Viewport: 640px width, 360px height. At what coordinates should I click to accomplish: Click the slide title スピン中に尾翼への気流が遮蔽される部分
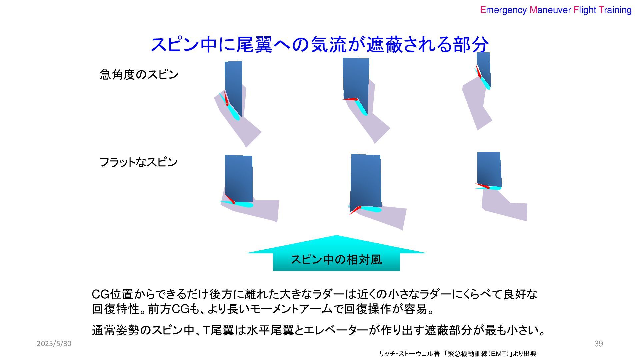320,45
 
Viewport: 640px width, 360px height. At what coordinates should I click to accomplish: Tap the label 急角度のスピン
139,74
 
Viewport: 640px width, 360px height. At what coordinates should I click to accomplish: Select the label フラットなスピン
138,162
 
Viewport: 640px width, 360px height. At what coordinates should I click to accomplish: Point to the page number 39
598,344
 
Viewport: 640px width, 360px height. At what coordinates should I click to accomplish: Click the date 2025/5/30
54,344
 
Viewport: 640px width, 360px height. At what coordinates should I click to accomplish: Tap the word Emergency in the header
503,10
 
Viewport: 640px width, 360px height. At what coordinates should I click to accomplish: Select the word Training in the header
615,10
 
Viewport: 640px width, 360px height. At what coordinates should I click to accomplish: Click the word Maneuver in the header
550,10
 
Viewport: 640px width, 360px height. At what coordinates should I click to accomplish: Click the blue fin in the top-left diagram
233,83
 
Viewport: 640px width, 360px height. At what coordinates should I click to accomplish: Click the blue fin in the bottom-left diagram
239,177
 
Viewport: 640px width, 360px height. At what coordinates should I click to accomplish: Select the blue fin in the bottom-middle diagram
366,178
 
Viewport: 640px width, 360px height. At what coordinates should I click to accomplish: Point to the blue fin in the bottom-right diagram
489,168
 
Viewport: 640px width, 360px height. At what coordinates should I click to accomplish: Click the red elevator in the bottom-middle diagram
355,210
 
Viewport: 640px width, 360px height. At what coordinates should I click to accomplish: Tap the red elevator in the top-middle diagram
350,99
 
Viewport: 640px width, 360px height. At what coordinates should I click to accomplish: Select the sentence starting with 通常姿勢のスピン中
318,330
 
